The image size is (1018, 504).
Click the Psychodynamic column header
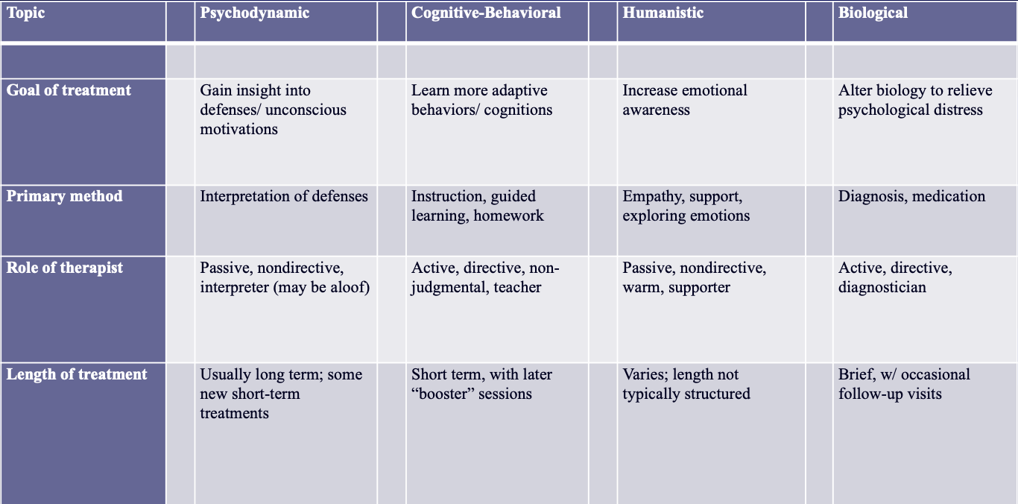coord(254,13)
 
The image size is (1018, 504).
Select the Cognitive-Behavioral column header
coord(486,13)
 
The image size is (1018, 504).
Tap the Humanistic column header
coord(663,13)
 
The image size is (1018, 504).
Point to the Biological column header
coord(873,13)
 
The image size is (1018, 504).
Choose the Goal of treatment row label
coord(69,90)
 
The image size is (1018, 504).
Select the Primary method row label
coord(65,196)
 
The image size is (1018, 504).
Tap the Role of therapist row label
coord(65,268)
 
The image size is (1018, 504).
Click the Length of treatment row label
coord(77,374)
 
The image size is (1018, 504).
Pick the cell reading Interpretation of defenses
coord(284,197)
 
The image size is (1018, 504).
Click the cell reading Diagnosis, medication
coord(911,197)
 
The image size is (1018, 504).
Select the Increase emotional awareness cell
coord(685,100)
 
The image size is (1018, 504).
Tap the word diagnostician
coord(882,287)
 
